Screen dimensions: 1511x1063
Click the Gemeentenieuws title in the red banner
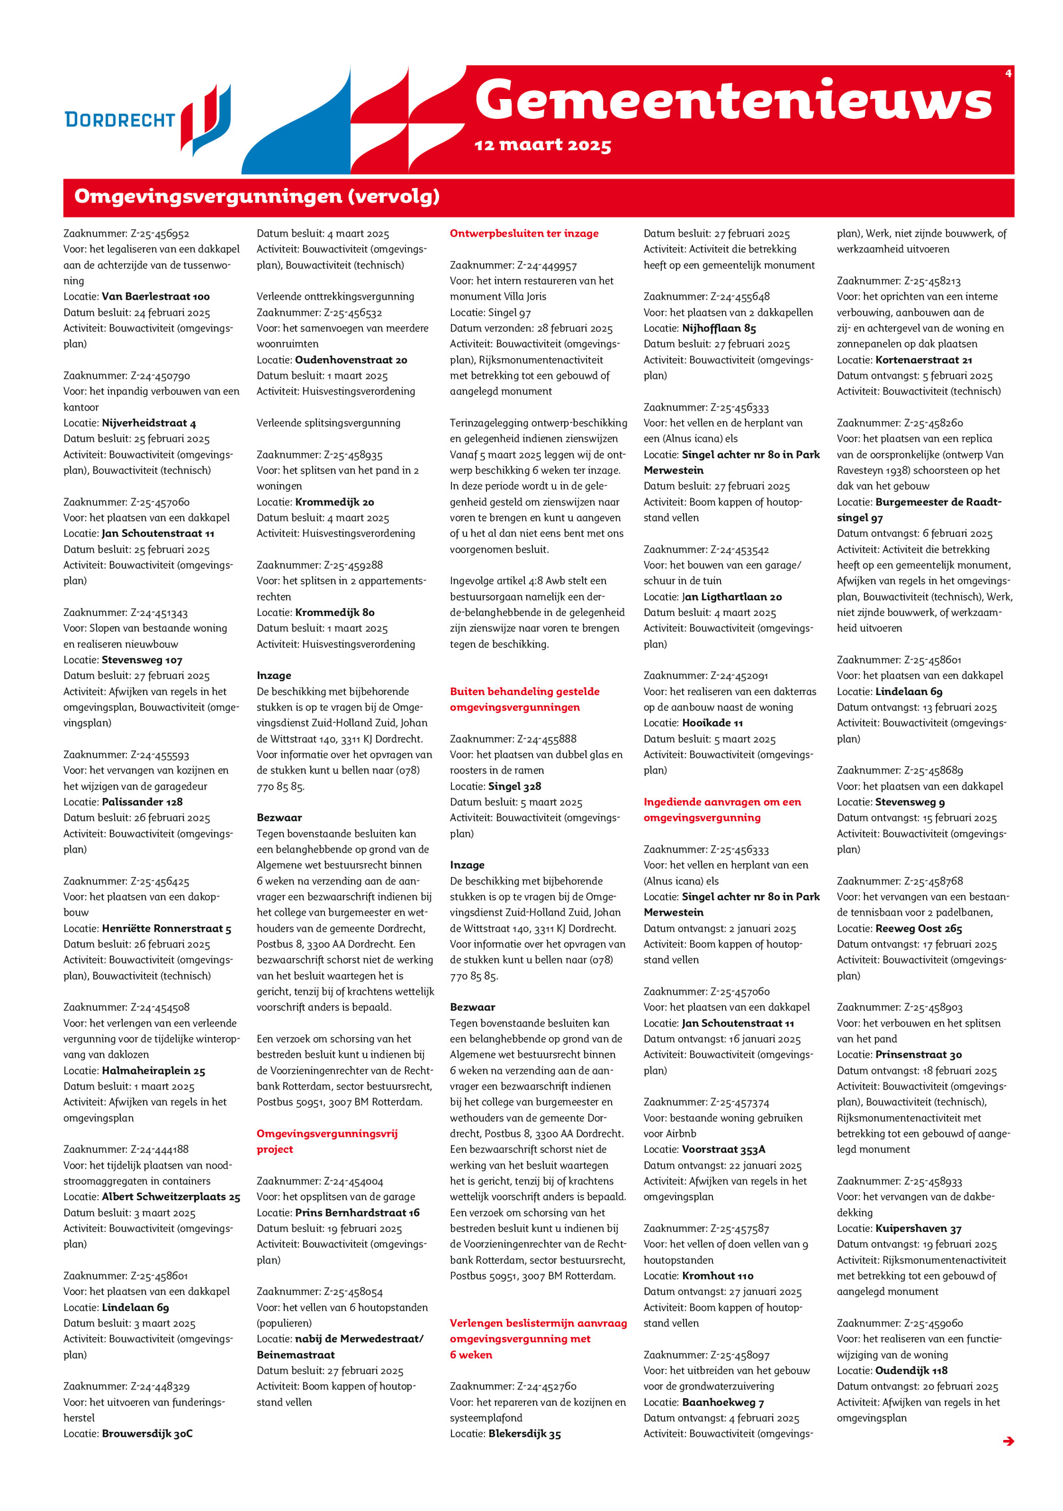tap(733, 101)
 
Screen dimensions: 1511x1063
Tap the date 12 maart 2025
tap(542, 145)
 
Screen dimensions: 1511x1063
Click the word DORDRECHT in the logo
tap(120, 120)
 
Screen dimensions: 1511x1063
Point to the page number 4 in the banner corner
tap(1008, 73)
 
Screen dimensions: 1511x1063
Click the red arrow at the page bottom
tap(1008, 1441)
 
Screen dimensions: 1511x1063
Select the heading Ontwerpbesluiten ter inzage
tap(524, 233)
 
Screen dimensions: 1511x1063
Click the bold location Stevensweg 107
tap(142, 660)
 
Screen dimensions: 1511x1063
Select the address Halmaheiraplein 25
tap(153, 1070)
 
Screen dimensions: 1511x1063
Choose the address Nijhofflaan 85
tap(718, 328)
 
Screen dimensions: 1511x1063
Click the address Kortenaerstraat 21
tap(923, 359)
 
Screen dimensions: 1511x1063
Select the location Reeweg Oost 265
tap(918, 928)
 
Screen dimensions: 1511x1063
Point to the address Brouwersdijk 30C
tap(147, 1433)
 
